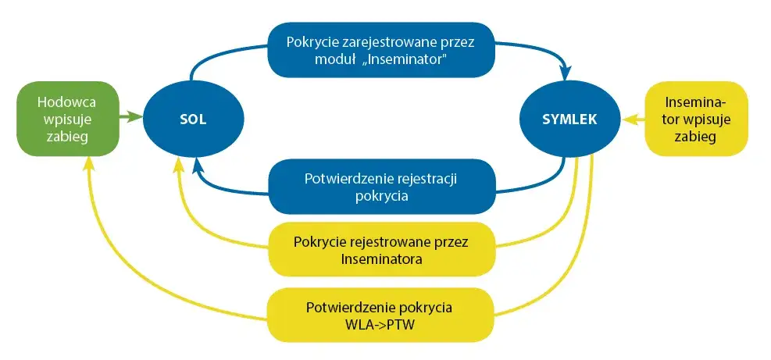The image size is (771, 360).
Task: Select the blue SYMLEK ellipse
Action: click(x=570, y=119)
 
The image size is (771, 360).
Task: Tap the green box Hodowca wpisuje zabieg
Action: click(x=67, y=119)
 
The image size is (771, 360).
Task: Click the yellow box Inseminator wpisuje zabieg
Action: click(x=697, y=119)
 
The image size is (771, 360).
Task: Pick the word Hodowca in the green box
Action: click(x=67, y=102)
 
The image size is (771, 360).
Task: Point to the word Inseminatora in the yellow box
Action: click(x=381, y=259)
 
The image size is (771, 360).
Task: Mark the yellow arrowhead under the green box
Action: click(x=89, y=161)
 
